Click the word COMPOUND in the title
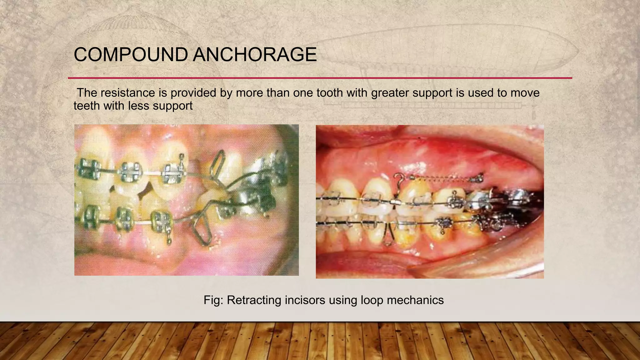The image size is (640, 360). [130, 55]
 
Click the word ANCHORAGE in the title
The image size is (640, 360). [254, 55]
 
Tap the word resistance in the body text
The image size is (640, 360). [135, 93]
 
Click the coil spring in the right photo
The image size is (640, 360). [444, 178]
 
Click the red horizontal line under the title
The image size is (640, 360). [320, 78]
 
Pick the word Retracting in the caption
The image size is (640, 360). [253, 300]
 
